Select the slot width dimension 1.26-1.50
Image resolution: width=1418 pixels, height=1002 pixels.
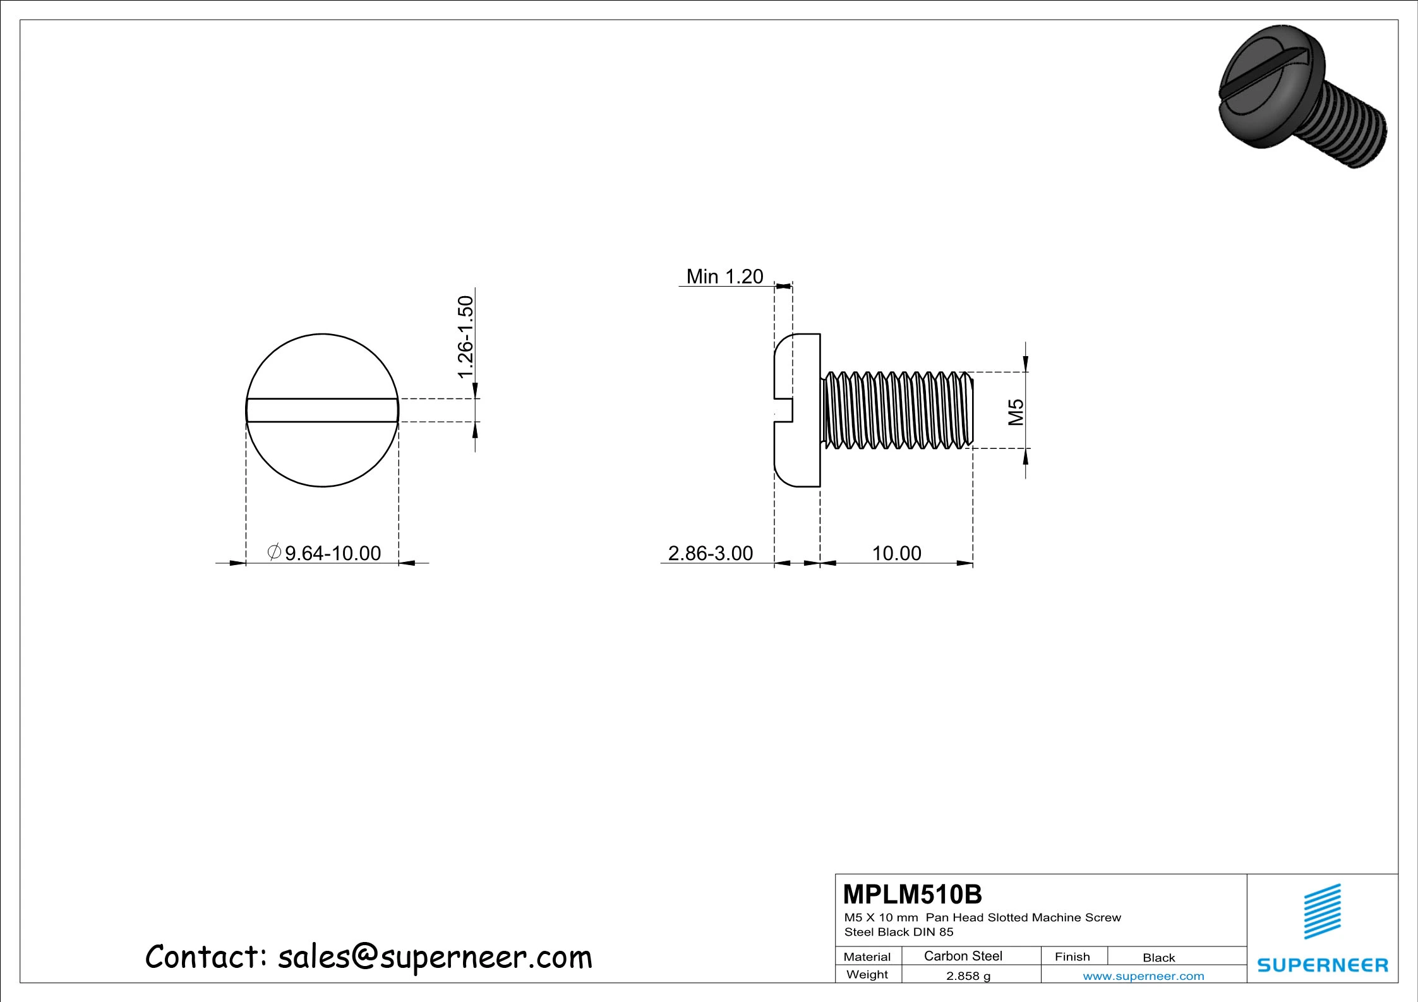[466, 337]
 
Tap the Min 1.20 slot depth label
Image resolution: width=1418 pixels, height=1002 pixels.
[724, 277]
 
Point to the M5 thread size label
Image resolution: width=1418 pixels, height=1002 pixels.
[1015, 412]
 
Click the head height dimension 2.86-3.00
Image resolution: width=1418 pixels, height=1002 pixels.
[710, 553]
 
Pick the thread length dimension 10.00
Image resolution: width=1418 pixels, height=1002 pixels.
[896, 553]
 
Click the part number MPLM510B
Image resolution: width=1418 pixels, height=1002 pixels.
[912, 894]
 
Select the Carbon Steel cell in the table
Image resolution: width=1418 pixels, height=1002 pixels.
[963, 956]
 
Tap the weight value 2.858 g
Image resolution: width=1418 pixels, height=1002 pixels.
[968, 975]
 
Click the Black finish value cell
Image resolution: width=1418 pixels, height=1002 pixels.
[1158, 957]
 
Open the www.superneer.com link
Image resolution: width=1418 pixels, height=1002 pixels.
[1143, 976]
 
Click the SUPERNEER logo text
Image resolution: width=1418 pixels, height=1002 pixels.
[1322, 965]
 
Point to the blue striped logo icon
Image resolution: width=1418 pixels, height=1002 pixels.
[1322, 911]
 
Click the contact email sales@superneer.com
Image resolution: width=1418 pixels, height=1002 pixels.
[435, 957]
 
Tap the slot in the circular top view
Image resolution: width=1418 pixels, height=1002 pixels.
[322, 410]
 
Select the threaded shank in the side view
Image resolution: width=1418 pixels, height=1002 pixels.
[897, 410]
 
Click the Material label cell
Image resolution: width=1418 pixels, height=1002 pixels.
[867, 957]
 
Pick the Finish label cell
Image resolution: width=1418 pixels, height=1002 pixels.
[1072, 957]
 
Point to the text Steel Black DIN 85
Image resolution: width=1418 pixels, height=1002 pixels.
[898, 932]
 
